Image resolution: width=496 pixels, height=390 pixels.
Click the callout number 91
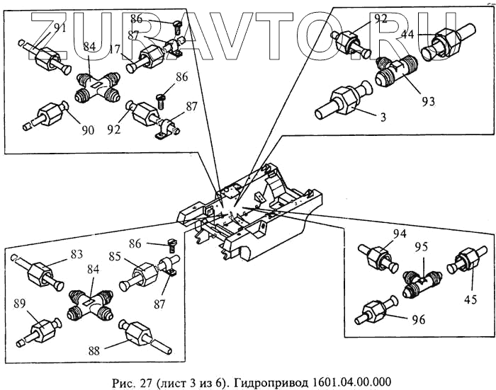[x=60, y=28]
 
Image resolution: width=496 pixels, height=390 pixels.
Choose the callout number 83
[x=77, y=253]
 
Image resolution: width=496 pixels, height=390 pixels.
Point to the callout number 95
[x=421, y=247]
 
